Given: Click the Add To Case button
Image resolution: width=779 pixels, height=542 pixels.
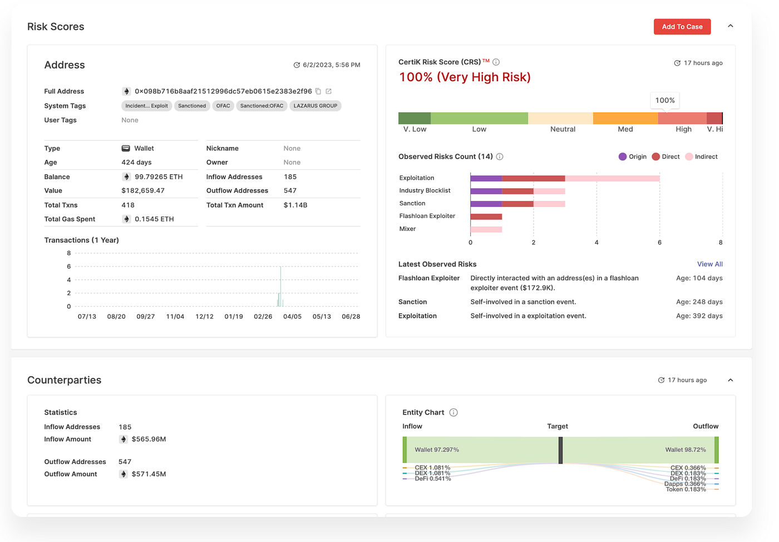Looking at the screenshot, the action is [x=682, y=27].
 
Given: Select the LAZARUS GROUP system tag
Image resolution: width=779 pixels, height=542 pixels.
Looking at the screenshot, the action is [x=315, y=106].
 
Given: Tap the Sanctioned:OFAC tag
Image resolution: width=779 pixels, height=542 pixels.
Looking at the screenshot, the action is [x=262, y=106].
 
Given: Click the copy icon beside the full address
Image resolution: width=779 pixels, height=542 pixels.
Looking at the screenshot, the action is [x=318, y=91].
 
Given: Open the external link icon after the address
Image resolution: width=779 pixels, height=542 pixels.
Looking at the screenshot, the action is [x=328, y=91].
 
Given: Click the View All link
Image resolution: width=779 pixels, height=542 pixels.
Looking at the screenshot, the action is [x=709, y=264].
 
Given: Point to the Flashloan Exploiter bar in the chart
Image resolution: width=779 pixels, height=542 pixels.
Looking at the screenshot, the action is [x=486, y=216].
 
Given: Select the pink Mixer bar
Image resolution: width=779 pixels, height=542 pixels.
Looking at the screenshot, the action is [x=486, y=229].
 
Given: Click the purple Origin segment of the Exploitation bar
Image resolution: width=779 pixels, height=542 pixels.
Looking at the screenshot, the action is [x=486, y=179].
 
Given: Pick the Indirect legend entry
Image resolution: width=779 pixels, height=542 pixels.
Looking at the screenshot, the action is [x=702, y=156].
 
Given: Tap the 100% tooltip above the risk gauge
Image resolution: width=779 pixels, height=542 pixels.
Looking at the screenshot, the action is [x=665, y=101].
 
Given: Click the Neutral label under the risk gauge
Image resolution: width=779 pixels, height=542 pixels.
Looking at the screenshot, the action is [x=563, y=129].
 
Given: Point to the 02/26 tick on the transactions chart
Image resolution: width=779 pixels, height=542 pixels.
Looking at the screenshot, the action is [x=263, y=316].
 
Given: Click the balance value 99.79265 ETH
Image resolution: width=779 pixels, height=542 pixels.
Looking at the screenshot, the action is [x=159, y=177].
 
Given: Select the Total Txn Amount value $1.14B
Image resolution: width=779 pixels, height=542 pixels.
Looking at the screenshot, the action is [x=295, y=205].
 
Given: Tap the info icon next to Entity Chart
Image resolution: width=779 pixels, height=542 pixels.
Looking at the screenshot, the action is [x=453, y=412].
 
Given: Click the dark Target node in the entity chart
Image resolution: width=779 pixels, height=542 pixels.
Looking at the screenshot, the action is [x=561, y=450].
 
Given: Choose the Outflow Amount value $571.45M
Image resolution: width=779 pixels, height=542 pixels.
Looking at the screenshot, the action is [x=149, y=474].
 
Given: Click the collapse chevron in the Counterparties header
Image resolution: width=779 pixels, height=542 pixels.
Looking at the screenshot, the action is [x=730, y=380].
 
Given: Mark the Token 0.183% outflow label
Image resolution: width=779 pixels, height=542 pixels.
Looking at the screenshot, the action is [x=686, y=490].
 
